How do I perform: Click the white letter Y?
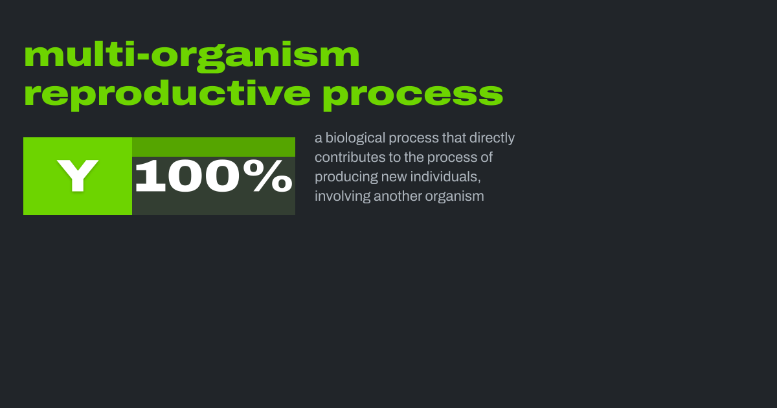(x=78, y=176)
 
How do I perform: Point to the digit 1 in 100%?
(x=150, y=176)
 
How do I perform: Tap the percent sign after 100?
(x=268, y=176)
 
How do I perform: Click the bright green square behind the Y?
(x=78, y=176)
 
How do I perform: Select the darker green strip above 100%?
(x=214, y=147)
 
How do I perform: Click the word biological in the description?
(x=355, y=139)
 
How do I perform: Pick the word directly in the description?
(x=492, y=139)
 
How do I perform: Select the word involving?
(x=343, y=197)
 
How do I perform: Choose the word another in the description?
(x=398, y=196)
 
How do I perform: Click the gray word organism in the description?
(x=455, y=197)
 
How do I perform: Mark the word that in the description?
(x=454, y=138)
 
